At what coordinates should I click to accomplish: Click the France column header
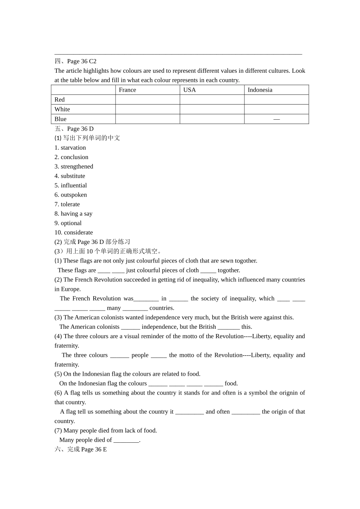pyautogui.click(x=127, y=90)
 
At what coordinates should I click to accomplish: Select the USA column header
pyautogui.click(x=189, y=90)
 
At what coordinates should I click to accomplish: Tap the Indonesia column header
pyautogui.click(x=260, y=90)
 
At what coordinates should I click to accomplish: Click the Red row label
pyautogui.click(x=59, y=100)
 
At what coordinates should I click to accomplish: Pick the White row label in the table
pyautogui.click(x=62, y=109)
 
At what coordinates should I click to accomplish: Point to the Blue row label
pyautogui.click(x=60, y=119)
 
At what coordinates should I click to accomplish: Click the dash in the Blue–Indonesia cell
pyautogui.click(x=277, y=119)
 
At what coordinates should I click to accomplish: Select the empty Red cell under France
pyautogui.click(x=147, y=100)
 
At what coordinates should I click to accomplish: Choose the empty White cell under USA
pyautogui.click(x=212, y=109)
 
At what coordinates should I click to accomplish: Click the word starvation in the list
pyautogui.click(x=73, y=148)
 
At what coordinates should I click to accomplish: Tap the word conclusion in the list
pyautogui.click(x=74, y=157)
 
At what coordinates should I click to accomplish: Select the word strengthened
pyautogui.click(x=77, y=167)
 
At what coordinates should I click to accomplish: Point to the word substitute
pyautogui.click(x=73, y=176)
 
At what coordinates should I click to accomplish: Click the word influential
pyautogui.click(x=74, y=186)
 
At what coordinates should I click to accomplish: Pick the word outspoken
pyautogui.click(x=74, y=195)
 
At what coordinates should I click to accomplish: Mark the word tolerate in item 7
pyautogui.click(x=70, y=205)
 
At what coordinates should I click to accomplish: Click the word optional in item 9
pyautogui.click(x=71, y=223)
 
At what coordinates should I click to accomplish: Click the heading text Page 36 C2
pyautogui.click(x=81, y=61)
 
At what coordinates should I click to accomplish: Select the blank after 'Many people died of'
pyautogui.click(x=126, y=440)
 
